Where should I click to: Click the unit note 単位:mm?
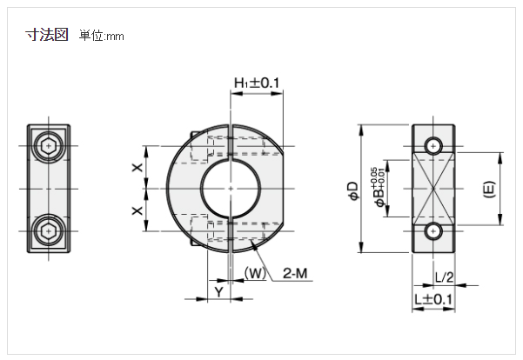click(103, 37)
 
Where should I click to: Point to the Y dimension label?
click(218, 292)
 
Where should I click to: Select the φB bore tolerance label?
click(375, 188)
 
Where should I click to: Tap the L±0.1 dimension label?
click(433, 299)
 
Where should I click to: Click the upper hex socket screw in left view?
click(48, 145)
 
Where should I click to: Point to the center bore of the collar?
click(229, 187)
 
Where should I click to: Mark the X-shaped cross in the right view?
click(433, 188)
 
